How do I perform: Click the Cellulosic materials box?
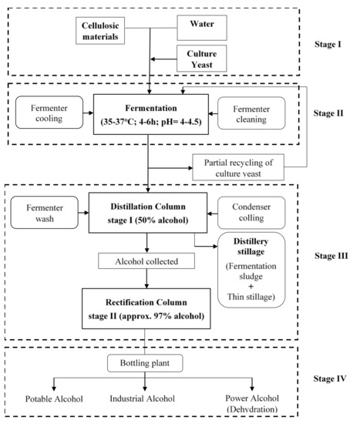point(111,31)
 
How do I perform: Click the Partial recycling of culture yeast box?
point(240,166)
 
